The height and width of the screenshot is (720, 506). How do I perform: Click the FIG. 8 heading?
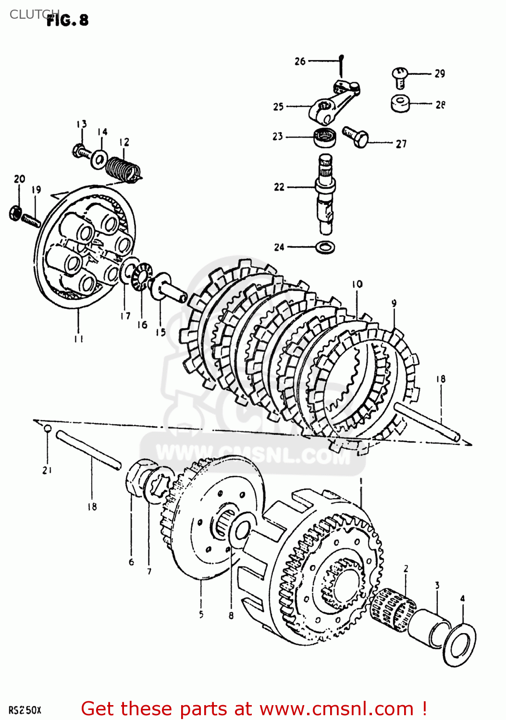coord(68,20)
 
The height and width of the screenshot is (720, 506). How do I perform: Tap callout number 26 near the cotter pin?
coord(300,61)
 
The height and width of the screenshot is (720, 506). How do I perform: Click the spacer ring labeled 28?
coord(400,103)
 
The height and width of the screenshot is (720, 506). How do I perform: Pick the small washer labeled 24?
coord(325,248)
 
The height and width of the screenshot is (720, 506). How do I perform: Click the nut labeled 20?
coord(15,213)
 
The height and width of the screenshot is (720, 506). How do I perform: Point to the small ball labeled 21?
coord(47,428)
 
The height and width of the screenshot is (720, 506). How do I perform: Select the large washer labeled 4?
coord(459,645)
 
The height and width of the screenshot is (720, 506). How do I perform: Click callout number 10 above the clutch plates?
coord(357,284)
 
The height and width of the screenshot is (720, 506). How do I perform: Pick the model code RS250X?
coord(25,710)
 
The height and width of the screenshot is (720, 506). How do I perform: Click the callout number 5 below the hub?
coord(201,614)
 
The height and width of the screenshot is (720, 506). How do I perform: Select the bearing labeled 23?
coord(325,137)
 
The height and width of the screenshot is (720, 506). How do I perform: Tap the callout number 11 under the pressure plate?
coord(79,339)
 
